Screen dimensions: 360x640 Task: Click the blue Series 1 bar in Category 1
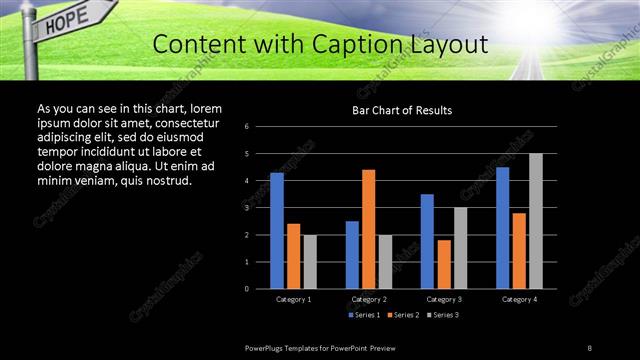[x=277, y=231]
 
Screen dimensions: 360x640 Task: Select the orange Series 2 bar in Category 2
[x=368, y=229]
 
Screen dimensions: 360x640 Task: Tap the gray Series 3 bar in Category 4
[x=535, y=221]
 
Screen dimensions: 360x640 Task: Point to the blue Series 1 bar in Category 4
[x=502, y=228]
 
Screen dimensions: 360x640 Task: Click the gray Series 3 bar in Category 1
[x=310, y=262]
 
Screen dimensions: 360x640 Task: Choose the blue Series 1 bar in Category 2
[x=352, y=255]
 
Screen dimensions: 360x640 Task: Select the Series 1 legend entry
[x=365, y=315]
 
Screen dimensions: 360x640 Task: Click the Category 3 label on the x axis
[x=443, y=299]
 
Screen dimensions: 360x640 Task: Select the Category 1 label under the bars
[x=293, y=299]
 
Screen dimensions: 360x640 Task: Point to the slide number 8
[x=590, y=347]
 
